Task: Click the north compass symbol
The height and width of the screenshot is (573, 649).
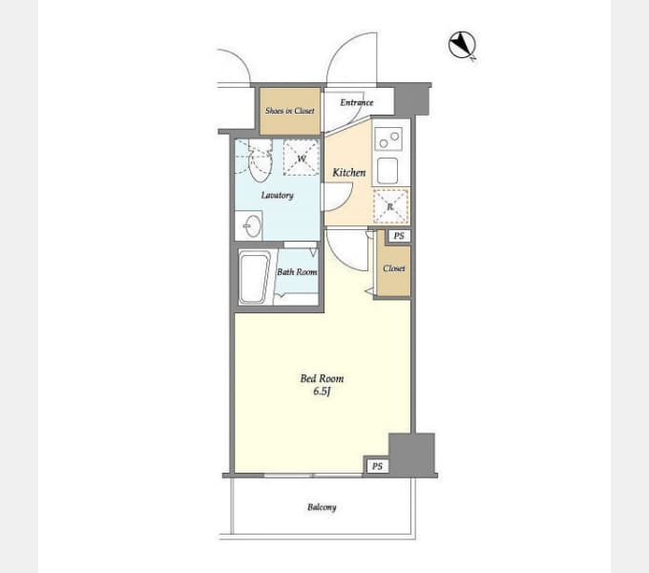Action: tap(462, 44)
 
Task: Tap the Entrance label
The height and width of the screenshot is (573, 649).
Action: tap(356, 103)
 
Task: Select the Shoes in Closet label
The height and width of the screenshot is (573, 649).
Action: tap(289, 111)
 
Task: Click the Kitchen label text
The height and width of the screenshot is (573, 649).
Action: tap(348, 173)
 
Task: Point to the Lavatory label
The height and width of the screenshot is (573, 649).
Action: tap(277, 196)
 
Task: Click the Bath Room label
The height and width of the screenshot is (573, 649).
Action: tap(296, 272)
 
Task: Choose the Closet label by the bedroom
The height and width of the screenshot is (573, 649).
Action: tap(394, 268)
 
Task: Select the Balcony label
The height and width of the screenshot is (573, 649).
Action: tap(322, 507)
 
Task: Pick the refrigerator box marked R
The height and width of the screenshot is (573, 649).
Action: tap(390, 205)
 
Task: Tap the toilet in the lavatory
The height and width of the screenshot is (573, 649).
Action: tap(260, 162)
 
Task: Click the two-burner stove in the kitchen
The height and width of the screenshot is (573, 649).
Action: tap(388, 139)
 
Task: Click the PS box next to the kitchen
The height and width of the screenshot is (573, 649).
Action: tap(398, 236)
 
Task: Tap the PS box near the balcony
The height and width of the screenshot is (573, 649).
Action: tap(378, 466)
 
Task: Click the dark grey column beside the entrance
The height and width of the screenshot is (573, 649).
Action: tap(412, 99)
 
